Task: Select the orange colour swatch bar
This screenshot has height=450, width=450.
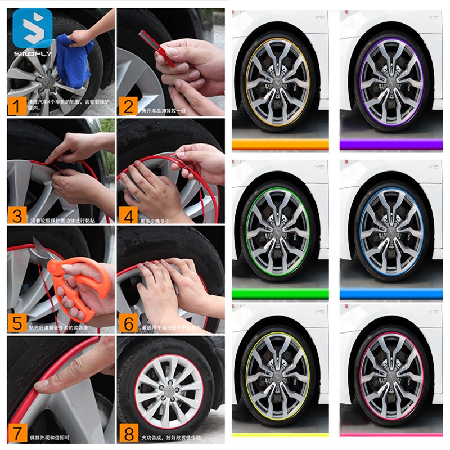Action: point(280,145)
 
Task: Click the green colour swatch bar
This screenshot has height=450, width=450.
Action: point(280,293)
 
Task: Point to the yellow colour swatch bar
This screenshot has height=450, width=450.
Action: point(280,435)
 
